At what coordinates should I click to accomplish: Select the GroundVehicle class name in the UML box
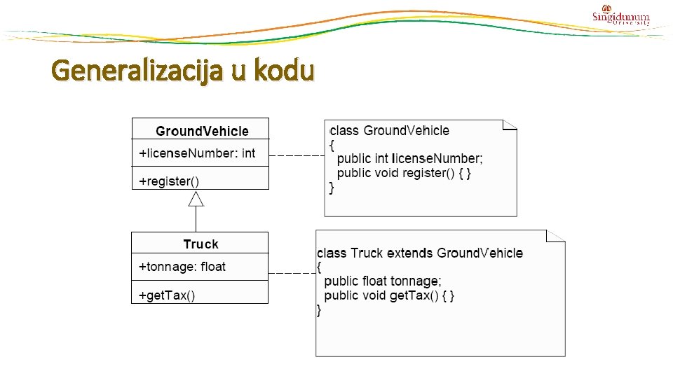click(x=202, y=131)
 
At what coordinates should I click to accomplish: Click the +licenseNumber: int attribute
click(x=197, y=153)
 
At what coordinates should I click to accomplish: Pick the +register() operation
click(x=169, y=181)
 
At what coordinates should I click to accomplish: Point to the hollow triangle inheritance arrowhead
click(x=196, y=199)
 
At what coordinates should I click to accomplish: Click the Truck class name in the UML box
click(x=200, y=244)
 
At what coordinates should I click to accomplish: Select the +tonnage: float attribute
click(x=182, y=267)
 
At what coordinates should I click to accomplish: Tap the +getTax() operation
click(x=167, y=295)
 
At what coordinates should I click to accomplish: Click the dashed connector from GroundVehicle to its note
click(x=296, y=155)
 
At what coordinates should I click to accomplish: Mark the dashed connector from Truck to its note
click(x=292, y=272)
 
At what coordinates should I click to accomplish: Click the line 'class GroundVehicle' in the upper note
click(x=390, y=131)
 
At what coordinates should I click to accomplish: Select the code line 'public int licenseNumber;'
click(x=410, y=159)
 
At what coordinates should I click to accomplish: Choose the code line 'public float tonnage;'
click(x=383, y=281)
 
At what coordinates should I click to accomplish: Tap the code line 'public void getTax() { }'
click(x=389, y=295)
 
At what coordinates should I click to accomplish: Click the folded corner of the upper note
click(x=510, y=125)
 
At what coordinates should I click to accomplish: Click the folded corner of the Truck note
click(x=557, y=236)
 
